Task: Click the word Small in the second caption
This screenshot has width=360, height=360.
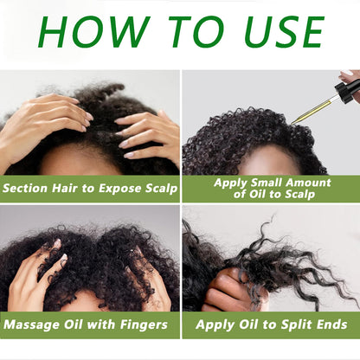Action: (265, 183)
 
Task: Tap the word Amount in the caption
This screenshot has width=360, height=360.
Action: (307, 183)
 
